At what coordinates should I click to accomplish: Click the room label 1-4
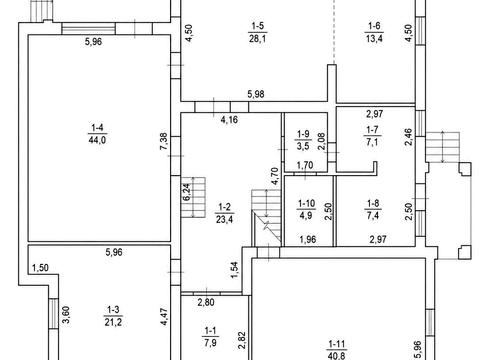pos(97,127)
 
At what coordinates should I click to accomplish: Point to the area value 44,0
pos(97,140)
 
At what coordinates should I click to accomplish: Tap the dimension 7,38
pos(164,142)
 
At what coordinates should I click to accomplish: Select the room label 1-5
pos(257,26)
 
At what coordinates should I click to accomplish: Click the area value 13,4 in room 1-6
pos(374,38)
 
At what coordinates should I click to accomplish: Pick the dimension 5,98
pos(256,94)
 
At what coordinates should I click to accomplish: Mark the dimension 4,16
pos(229,119)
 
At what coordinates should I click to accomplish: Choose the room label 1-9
pos(303,134)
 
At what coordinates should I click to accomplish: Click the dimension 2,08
pos(321,142)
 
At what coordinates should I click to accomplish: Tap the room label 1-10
pos(306,203)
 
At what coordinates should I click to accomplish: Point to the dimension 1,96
pos(308,239)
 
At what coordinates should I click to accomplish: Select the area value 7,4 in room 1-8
pos(373,215)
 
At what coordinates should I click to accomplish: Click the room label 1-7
pos(372,129)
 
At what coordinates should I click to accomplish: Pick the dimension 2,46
pos(408,137)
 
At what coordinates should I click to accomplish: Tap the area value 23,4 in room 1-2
pos(224,219)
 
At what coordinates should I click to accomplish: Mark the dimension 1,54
pos(235,270)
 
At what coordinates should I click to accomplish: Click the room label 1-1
pos(210,331)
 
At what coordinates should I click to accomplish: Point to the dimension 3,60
pos(66,315)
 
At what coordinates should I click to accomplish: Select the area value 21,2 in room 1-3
pos(113,322)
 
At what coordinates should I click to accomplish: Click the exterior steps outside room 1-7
pos(443,147)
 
